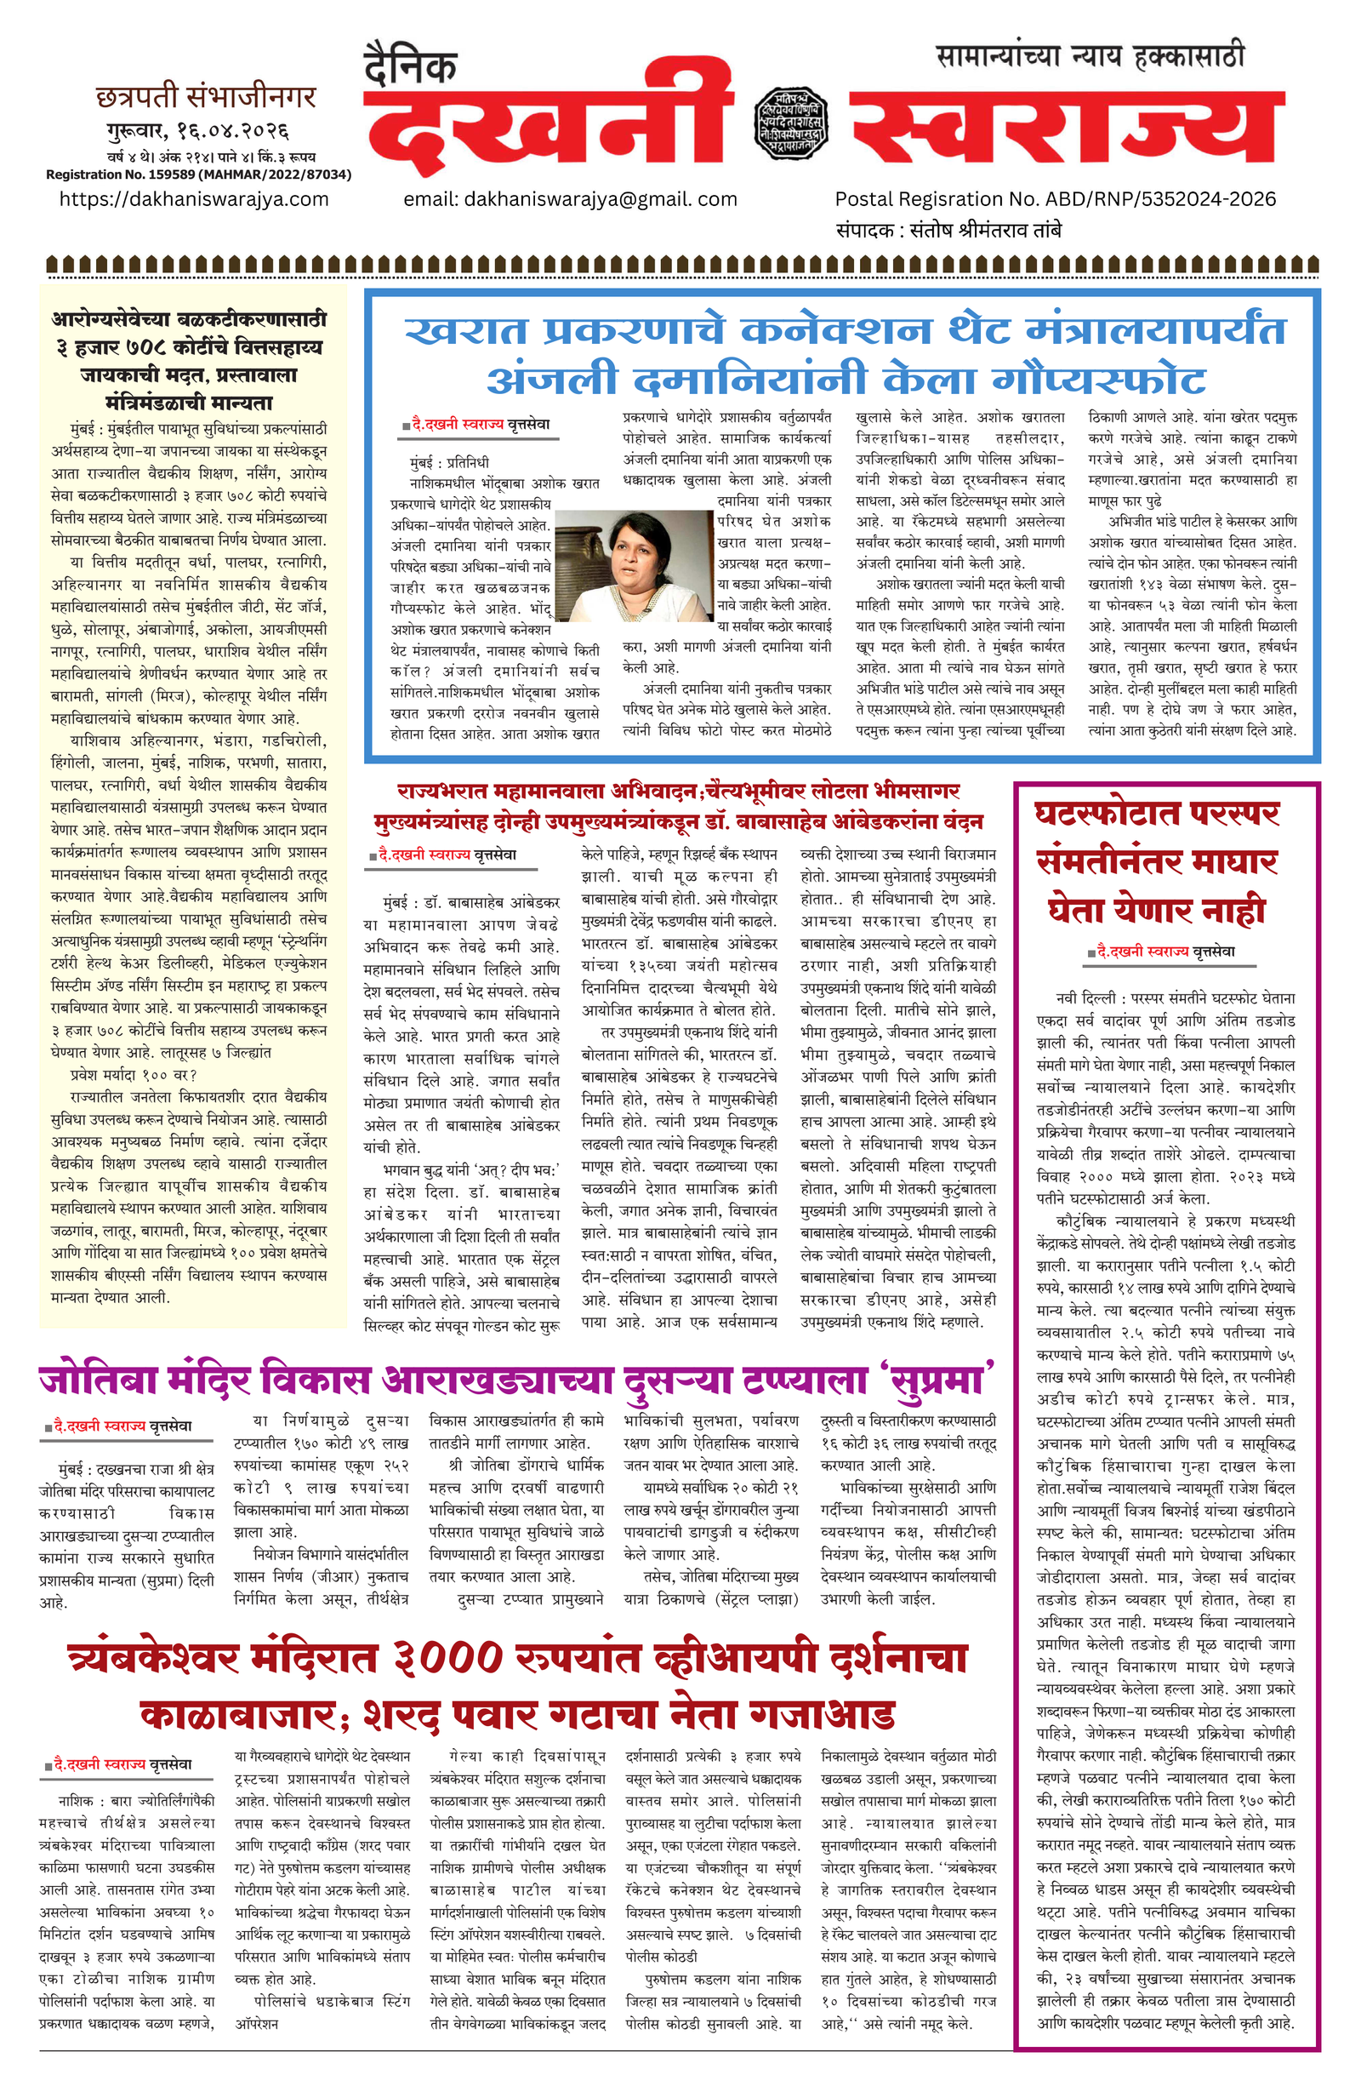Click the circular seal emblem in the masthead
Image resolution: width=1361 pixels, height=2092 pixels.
click(x=791, y=123)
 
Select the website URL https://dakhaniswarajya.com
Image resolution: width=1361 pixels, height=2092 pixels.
click(x=194, y=198)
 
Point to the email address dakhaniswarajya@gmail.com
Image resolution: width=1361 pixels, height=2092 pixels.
click(x=570, y=199)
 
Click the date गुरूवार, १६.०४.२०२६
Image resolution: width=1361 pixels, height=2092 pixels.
click(x=197, y=132)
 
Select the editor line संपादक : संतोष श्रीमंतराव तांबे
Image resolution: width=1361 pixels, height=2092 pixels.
click(x=949, y=231)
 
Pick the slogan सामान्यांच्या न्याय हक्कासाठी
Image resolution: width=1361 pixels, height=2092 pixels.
click(x=1091, y=56)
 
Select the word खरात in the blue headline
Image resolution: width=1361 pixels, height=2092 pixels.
click(x=465, y=331)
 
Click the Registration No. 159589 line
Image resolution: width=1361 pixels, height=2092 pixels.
click(x=198, y=174)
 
